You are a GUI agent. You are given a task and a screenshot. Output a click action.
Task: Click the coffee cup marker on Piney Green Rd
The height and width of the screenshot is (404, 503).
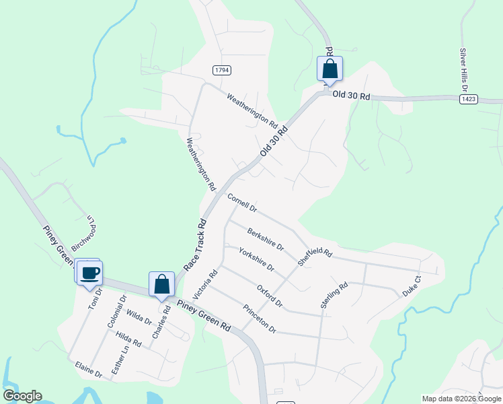[x=89, y=273]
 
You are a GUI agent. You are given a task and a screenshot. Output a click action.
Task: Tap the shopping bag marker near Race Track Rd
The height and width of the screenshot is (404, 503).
[x=162, y=284]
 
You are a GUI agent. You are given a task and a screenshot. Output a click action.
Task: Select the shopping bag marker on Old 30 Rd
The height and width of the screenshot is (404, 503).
[x=330, y=69]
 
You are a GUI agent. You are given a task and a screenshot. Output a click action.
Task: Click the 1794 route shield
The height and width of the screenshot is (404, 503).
[x=221, y=70]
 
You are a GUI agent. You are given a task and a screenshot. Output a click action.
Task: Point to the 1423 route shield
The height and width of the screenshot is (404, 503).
[x=469, y=99]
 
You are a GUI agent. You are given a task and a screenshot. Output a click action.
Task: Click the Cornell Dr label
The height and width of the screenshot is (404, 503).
[x=242, y=203]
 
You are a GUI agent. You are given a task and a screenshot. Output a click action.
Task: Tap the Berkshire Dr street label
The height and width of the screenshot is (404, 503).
[x=266, y=238]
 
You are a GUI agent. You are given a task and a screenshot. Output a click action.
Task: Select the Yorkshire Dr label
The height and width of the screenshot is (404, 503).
[x=257, y=259]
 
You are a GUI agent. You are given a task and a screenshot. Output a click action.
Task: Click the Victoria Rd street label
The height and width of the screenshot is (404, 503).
[x=206, y=285]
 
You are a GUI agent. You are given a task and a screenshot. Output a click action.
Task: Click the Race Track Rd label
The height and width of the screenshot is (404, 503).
[x=194, y=244]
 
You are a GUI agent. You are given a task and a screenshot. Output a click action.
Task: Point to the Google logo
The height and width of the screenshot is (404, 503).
[x=22, y=396]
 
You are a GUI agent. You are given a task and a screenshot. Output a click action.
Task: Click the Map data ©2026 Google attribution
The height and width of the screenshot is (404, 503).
[x=461, y=399]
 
